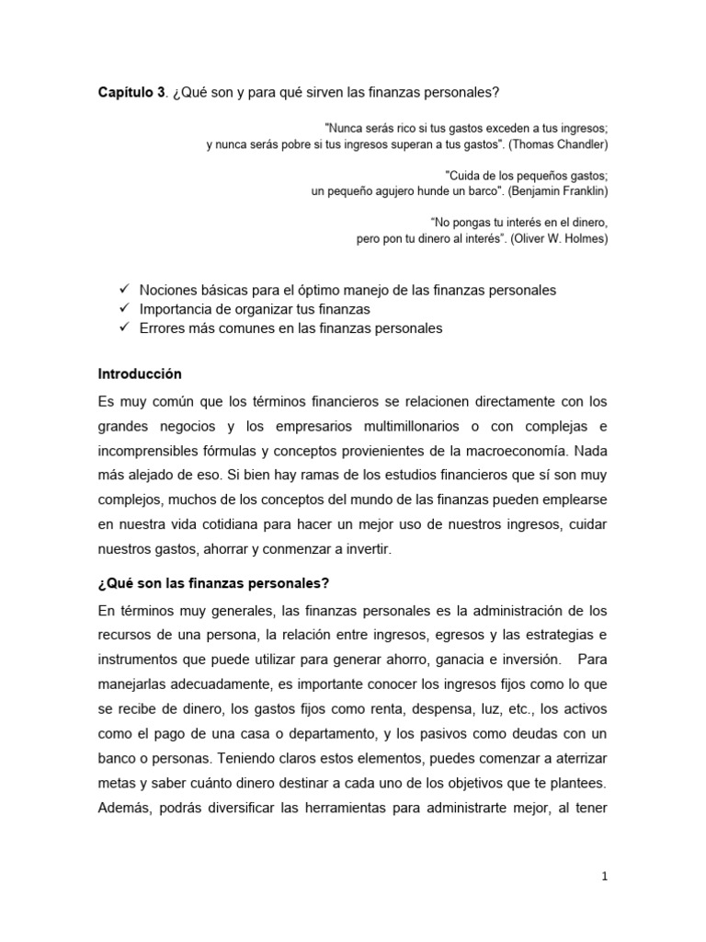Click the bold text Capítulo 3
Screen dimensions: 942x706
131,93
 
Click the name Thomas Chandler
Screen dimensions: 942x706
559,144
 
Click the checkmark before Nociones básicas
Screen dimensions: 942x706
124,290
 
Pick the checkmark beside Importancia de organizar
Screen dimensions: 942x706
124,309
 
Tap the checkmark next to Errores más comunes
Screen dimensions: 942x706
124,328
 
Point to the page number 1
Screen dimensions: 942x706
604,878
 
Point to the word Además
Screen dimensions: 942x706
125,809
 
